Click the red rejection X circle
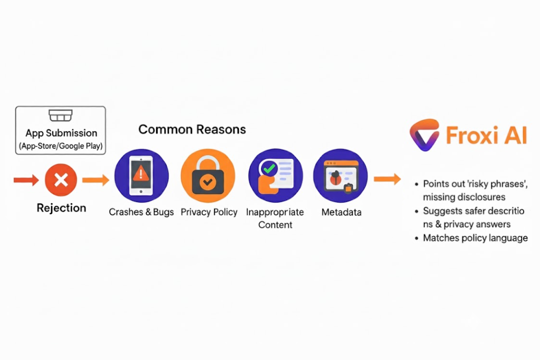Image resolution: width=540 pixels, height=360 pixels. [61, 180]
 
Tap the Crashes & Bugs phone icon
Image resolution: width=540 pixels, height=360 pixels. [141, 176]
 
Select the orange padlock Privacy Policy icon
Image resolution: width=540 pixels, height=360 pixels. [208, 176]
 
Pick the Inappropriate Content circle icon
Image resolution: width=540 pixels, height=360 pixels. [275, 176]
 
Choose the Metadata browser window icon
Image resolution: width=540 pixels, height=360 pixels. [341, 176]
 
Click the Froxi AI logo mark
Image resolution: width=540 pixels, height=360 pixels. [425, 135]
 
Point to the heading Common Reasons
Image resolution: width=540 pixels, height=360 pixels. [192, 130]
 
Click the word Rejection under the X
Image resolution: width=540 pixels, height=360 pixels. [61, 208]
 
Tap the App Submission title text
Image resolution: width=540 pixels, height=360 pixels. [61, 133]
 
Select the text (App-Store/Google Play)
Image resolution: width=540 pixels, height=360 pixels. [61, 146]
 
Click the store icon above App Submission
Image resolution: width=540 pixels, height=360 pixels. [61, 115]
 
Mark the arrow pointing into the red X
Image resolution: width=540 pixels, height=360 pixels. [26, 180]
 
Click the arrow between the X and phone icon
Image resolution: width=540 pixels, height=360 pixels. [96, 180]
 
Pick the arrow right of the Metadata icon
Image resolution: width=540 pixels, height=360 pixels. [388, 179]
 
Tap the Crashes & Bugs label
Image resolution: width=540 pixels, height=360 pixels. [141, 212]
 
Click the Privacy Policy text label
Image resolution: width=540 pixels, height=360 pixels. [209, 212]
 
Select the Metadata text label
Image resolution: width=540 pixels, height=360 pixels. [341, 212]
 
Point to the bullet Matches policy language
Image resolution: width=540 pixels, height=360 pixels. [475, 238]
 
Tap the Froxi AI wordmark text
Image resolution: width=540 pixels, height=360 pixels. [487, 135]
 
